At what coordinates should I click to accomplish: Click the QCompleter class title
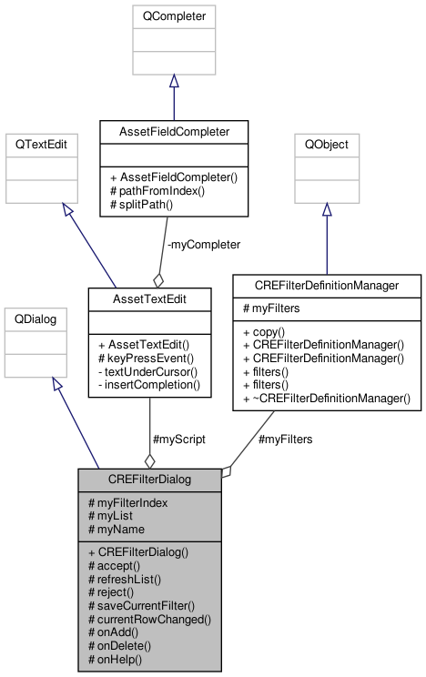(174, 16)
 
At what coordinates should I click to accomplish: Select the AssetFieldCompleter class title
(174, 132)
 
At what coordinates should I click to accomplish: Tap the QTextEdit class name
(41, 144)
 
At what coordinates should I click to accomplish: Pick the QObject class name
(327, 144)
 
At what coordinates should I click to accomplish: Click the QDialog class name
(35, 319)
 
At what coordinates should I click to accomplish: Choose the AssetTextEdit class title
(149, 299)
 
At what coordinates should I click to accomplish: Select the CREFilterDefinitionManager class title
(327, 286)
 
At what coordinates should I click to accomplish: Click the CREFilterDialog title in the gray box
(149, 480)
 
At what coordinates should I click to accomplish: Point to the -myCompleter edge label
(204, 245)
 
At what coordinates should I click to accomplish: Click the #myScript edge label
(179, 440)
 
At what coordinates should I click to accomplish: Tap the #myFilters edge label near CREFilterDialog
(285, 440)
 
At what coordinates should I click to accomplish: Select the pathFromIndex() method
(157, 191)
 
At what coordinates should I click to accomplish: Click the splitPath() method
(141, 204)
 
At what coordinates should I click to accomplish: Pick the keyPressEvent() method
(146, 359)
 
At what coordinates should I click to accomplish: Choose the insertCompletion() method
(149, 385)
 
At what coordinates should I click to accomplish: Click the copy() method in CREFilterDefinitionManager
(264, 332)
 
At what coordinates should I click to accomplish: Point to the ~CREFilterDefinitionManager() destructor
(327, 399)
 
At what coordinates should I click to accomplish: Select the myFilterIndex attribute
(127, 503)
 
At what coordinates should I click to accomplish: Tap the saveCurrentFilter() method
(141, 606)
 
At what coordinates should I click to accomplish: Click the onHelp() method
(115, 660)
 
